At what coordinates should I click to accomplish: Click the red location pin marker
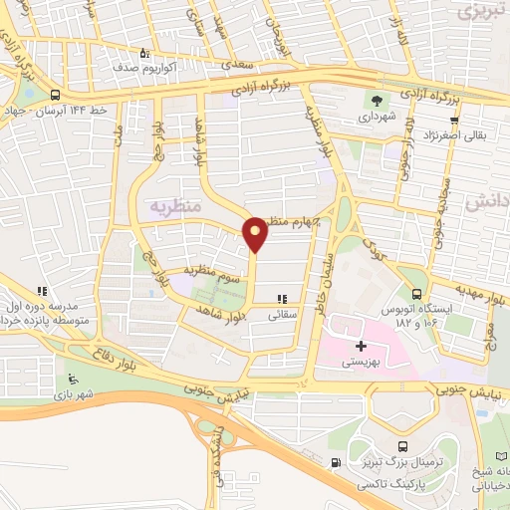click(x=256, y=234)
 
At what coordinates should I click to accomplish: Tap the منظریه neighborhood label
click(x=155, y=206)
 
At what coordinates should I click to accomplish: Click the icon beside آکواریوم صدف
click(x=146, y=53)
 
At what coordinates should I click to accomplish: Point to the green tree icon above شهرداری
click(x=377, y=100)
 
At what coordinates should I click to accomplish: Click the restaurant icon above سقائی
click(x=282, y=298)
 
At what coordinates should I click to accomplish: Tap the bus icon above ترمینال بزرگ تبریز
click(x=402, y=447)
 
